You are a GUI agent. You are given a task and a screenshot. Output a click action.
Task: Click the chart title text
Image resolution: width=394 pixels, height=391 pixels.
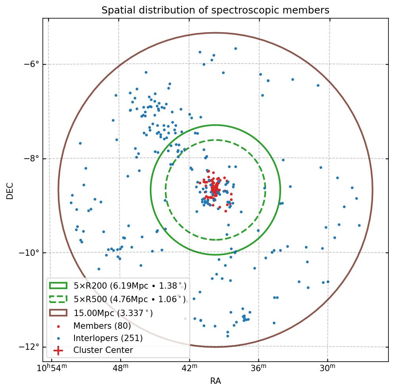[215, 10]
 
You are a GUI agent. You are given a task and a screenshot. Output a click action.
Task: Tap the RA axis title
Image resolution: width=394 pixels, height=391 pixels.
[215, 381]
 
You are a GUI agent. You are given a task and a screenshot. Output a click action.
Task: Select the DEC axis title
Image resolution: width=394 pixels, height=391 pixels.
[10, 190]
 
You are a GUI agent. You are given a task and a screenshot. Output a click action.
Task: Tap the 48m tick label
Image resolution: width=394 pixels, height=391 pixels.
[120, 369]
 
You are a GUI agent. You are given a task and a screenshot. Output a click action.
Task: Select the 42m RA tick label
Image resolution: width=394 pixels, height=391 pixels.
[189, 369]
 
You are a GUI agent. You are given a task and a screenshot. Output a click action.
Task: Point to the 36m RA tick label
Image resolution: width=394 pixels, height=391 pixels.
[258, 369]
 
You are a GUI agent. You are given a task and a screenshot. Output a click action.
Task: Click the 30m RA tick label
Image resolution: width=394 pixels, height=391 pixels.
[327, 369]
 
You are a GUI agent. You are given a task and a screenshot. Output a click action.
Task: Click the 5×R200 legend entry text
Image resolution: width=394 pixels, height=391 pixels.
[130, 286]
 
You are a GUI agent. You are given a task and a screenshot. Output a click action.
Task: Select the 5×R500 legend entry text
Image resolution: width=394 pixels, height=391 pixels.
[129, 299]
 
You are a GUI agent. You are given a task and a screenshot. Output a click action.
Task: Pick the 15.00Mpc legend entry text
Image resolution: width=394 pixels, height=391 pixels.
[113, 313]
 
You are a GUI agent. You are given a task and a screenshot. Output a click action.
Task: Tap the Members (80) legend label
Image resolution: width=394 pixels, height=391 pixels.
[102, 326]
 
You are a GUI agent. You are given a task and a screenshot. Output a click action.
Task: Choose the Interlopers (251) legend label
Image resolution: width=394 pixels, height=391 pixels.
[108, 338]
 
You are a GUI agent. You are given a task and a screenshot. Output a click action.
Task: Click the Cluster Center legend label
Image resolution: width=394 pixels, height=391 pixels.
[103, 351]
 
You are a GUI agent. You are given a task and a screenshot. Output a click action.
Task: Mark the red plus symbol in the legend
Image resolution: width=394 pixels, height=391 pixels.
[58, 351]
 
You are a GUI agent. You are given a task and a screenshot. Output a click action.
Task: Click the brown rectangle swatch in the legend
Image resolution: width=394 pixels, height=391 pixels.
[58, 313]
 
